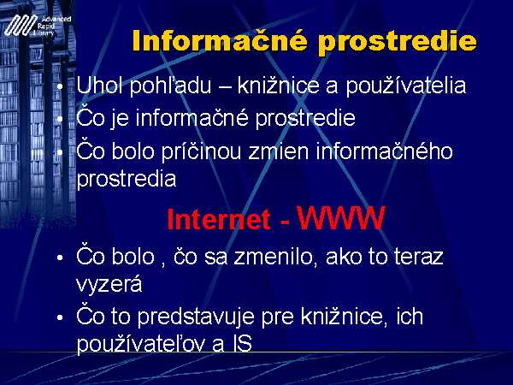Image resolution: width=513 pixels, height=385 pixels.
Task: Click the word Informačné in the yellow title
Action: [x=220, y=41]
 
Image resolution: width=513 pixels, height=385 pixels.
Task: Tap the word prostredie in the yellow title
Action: [x=398, y=43]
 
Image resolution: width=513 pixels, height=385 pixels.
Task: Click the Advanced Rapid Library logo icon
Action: [x=21, y=25]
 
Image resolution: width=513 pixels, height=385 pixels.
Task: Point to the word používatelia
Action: [x=406, y=86]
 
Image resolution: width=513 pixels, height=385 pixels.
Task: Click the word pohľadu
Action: [x=170, y=86]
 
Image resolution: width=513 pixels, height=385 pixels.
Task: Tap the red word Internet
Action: [x=219, y=219]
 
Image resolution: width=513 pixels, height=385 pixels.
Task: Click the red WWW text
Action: [x=340, y=218]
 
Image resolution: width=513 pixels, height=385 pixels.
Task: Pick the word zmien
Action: [x=278, y=152]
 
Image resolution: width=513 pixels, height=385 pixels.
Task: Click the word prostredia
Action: [x=127, y=180]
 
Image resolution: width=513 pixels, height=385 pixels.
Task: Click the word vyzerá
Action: [x=109, y=284]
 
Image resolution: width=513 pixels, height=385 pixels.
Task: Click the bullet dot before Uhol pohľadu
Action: [x=60, y=86]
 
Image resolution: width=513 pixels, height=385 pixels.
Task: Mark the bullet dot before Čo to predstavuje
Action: [x=60, y=317]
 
